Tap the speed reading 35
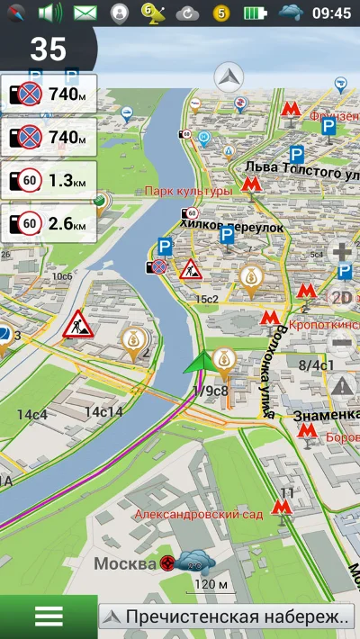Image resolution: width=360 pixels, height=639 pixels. point(48,49)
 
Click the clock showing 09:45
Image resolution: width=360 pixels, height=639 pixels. point(331,13)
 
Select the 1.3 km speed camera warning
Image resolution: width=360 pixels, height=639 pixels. point(49,181)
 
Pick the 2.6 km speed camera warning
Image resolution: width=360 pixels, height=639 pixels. point(49,222)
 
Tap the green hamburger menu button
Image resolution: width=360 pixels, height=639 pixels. point(48,616)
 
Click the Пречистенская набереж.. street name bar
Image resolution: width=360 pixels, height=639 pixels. point(227,616)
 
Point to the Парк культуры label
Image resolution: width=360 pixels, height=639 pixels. point(188,191)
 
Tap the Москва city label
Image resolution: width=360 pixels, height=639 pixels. point(125,563)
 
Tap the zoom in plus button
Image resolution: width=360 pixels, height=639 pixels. point(342,253)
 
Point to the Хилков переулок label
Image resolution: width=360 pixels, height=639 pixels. point(231,227)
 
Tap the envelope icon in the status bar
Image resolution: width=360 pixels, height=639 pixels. point(85,13)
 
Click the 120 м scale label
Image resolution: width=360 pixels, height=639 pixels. point(211,585)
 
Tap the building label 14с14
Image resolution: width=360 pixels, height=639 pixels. point(103,411)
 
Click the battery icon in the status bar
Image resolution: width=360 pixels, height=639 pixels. point(256,13)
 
